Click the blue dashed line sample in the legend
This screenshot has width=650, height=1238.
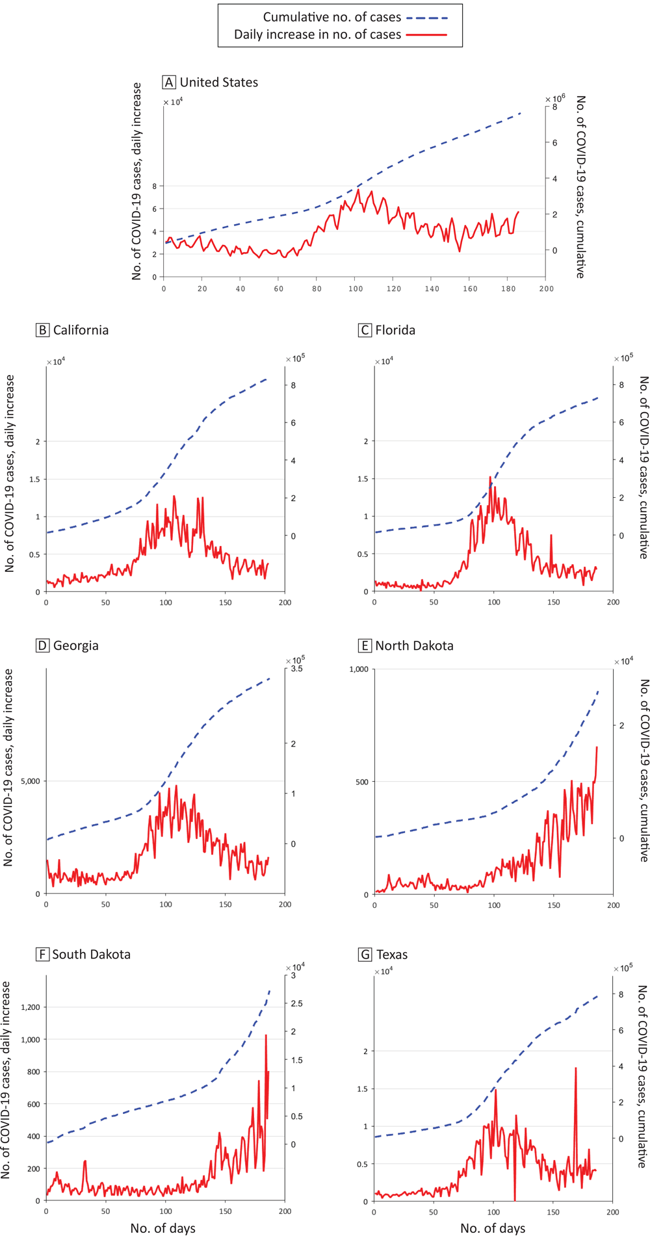click(427, 18)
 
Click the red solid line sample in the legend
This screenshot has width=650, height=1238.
click(427, 34)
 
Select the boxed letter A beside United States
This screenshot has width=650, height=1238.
click(169, 83)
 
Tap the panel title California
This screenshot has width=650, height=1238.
click(81, 330)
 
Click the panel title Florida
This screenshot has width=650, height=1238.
click(395, 330)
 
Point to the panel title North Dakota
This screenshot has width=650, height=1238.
click(414, 645)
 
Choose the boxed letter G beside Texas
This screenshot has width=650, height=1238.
click(365, 955)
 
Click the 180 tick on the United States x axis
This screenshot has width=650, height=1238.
click(508, 289)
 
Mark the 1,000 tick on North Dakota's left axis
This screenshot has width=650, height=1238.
click(359, 669)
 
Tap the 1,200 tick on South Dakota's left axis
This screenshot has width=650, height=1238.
click(30, 1007)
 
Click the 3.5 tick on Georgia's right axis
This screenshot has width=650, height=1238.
click(296, 669)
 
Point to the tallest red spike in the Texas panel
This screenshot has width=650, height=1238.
click(575, 1068)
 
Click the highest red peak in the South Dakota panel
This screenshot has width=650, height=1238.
click(265, 1035)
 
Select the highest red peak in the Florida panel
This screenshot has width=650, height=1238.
click(490, 477)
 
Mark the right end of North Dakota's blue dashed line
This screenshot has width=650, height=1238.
click(598, 692)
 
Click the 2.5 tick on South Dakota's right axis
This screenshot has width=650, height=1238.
click(296, 1003)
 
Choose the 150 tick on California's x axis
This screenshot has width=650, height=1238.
click(225, 602)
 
